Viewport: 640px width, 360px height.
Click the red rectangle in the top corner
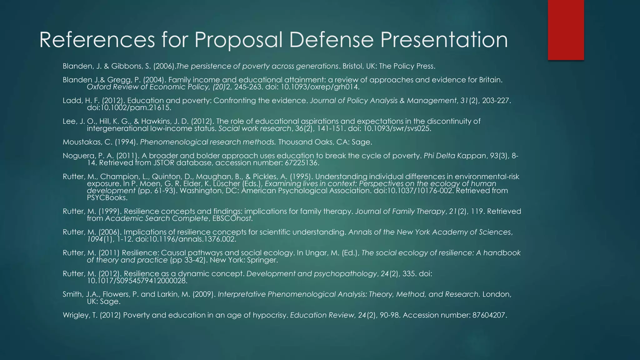pyautogui.click(x=566, y=30)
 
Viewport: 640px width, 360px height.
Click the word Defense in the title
pyautogui.click(x=331, y=40)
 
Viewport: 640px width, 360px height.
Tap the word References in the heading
pyautogui.click(x=97, y=40)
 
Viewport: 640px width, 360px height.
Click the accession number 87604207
pyautogui.click(x=489, y=315)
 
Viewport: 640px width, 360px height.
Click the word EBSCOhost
pyautogui.click(x=232, y=219)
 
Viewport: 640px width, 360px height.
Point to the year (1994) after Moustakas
pyautogui.click(x=126, y=142)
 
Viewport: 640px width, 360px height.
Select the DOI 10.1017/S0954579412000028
pyautogui.click(x=137, y=281)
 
